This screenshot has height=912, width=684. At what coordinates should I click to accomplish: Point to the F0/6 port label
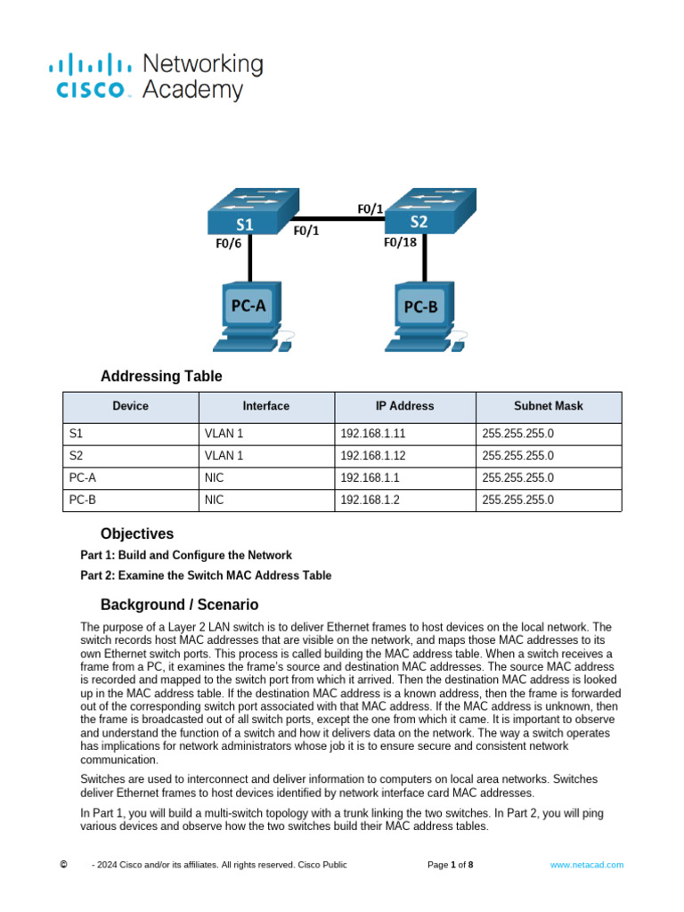coord(228,243)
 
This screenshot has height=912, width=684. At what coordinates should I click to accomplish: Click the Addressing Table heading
coord(161,376)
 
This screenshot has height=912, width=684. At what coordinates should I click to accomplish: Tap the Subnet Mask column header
coord(548,406)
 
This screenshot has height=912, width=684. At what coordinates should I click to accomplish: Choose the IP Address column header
coord(404,406)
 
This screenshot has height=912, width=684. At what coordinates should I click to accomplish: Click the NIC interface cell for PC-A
coord(214,477)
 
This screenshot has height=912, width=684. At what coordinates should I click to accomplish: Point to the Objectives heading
coord(137,534)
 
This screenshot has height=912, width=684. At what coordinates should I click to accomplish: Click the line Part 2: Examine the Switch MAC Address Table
coord(206,575)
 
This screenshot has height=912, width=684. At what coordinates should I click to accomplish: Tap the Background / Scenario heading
coord(179,605)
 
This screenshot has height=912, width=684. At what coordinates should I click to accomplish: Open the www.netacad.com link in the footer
coord(586,865)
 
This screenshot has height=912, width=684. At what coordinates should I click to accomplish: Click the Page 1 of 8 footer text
coord(450,865)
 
